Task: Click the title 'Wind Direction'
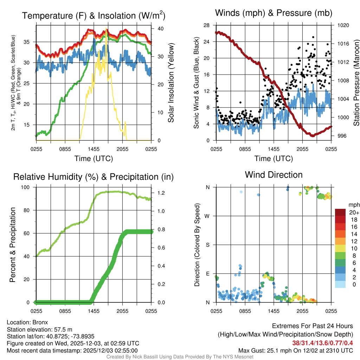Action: point(274,175)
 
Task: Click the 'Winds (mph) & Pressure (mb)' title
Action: point(274,13)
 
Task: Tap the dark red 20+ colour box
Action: point(341,212)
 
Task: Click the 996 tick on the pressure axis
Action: point(341,136)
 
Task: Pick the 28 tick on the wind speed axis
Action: point(207,25)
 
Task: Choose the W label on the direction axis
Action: point(207,216)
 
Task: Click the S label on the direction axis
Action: point(208,245)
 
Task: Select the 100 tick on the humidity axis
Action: point(28,187)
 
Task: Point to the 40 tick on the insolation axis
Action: point(160,28)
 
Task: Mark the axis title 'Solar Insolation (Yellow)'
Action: point(171,83)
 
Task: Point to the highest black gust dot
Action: point(313,37)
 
